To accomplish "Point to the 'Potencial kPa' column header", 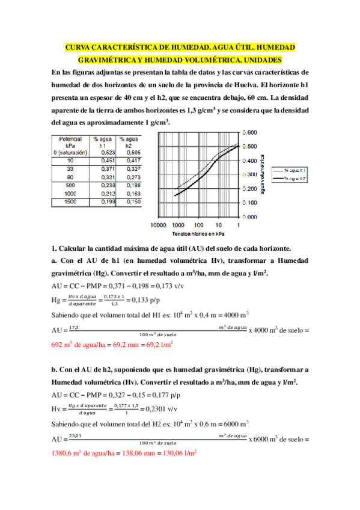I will tap(70, 142).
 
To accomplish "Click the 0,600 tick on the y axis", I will tap(250, 132).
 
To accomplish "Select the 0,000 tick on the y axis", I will tap(250, 218).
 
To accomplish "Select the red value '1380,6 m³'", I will tap(67, 454).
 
